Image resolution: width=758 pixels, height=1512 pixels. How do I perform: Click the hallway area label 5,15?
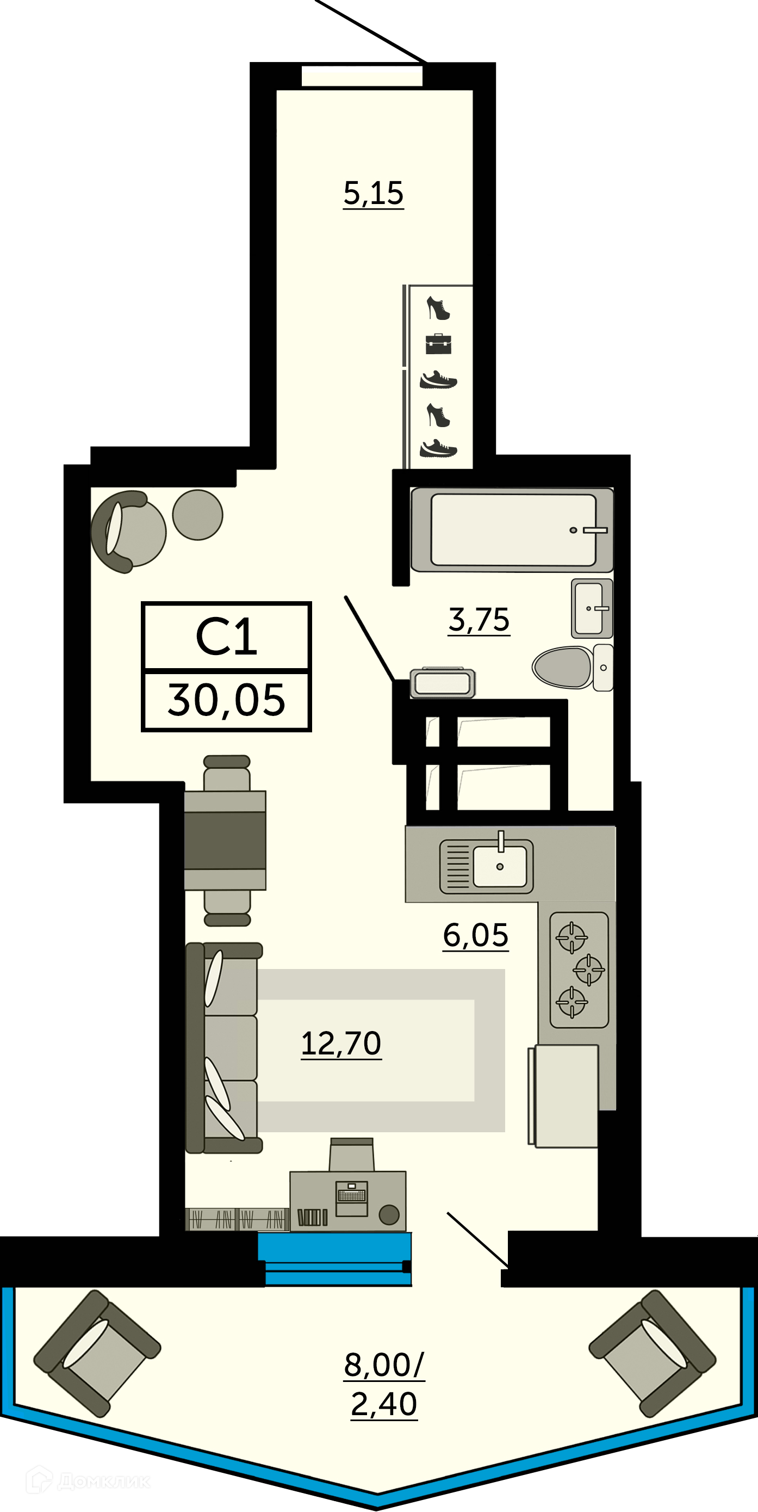pos(374,194)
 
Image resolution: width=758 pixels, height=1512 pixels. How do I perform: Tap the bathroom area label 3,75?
pos(479,620)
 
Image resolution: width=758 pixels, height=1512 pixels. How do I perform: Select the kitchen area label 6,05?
pos(475,935)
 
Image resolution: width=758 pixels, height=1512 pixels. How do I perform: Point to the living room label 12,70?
pos(341,1044)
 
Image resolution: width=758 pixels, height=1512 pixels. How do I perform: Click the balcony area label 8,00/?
pos(384,1365)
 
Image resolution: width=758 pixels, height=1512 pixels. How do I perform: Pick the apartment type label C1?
pos(226,637)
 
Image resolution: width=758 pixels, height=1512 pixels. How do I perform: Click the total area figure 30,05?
pos(226,701)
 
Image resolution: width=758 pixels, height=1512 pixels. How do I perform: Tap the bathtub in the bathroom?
pos(512,530)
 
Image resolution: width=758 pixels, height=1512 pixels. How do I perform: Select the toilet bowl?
pos(572,668)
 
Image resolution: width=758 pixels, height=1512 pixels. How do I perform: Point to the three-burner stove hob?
pos(579,970)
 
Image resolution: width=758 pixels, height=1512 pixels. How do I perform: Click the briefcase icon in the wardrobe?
pos(438,344)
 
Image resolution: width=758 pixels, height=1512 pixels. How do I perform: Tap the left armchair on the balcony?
pos(97,1354)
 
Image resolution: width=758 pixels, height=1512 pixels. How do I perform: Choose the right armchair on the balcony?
pos(653,1354)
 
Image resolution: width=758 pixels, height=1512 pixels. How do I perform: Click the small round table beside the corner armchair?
pos(198,515)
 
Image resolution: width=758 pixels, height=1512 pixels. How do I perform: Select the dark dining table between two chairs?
pos(225,840)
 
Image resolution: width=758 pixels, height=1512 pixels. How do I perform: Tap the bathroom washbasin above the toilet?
pos(592,609)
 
